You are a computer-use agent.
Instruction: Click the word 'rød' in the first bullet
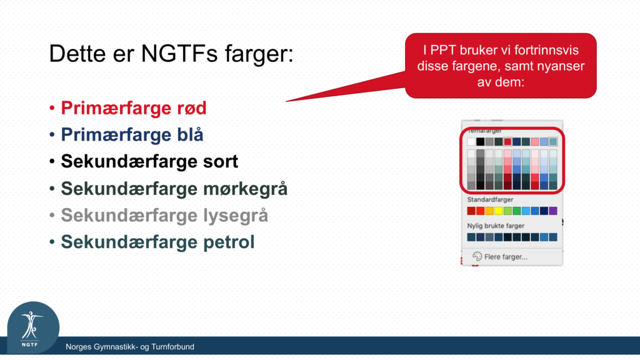point(191,108)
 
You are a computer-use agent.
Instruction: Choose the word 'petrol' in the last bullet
point(229,242)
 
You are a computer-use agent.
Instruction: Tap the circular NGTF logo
point(33,327)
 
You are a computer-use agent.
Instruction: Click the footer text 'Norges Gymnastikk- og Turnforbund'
point(130,347)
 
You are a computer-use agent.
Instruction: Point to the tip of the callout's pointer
point(286,102)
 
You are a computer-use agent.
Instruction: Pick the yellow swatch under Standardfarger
point(498,211)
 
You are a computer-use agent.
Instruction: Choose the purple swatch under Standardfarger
point(553,211)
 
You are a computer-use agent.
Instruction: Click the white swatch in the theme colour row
point(471,142)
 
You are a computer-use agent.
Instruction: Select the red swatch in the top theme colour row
point(507,142)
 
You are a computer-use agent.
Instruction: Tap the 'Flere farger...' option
point(506,257)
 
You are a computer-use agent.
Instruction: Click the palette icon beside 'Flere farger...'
point(477,256)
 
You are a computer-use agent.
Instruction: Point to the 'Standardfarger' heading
point(490,199)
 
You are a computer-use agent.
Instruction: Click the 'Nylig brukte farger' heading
point(496,226)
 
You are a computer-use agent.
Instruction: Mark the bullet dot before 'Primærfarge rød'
point(52,109)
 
